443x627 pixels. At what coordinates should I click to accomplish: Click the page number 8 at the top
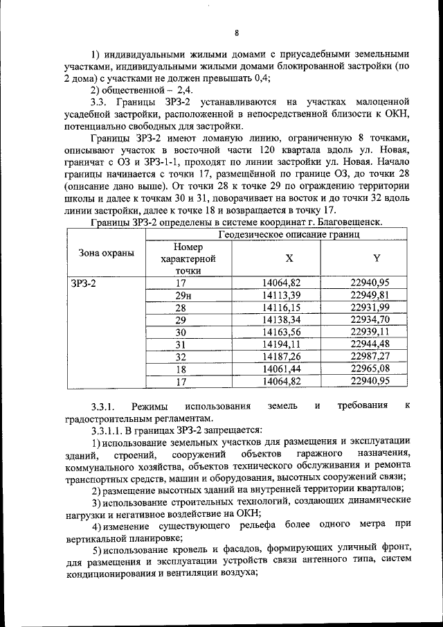236,33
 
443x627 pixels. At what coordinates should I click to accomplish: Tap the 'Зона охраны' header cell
105,253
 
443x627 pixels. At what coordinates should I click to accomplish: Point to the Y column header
376,258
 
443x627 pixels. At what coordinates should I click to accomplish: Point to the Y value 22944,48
370,344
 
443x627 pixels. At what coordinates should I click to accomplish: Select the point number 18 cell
181,369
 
